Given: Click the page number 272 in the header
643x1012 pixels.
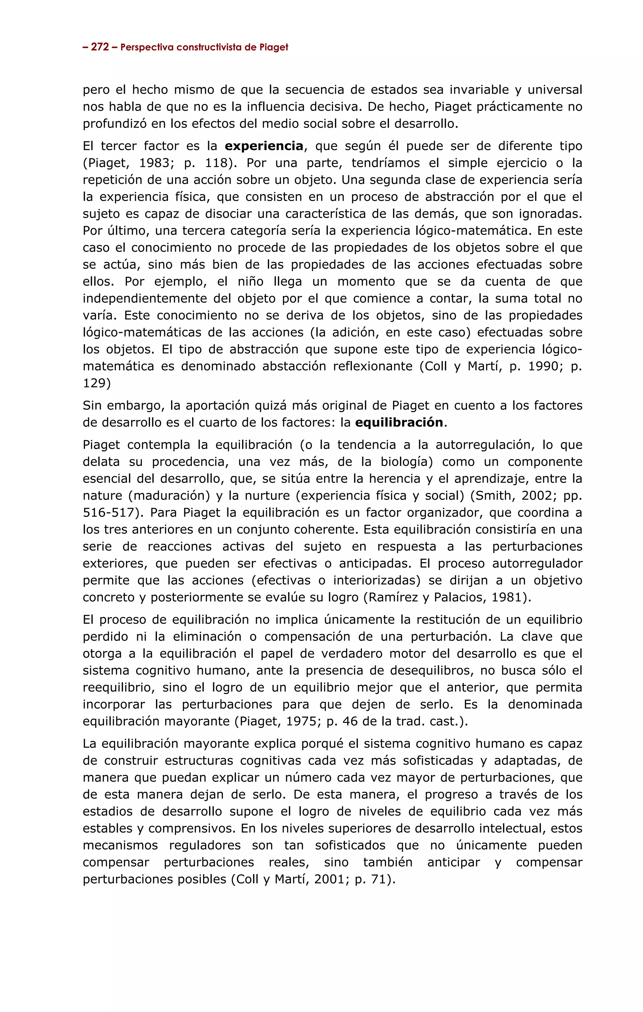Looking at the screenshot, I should (100, 47).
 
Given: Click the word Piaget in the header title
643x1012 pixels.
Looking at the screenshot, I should (273, 47).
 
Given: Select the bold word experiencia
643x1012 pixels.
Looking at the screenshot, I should (264, 146).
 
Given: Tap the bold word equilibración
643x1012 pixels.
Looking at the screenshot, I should (399, 422).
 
